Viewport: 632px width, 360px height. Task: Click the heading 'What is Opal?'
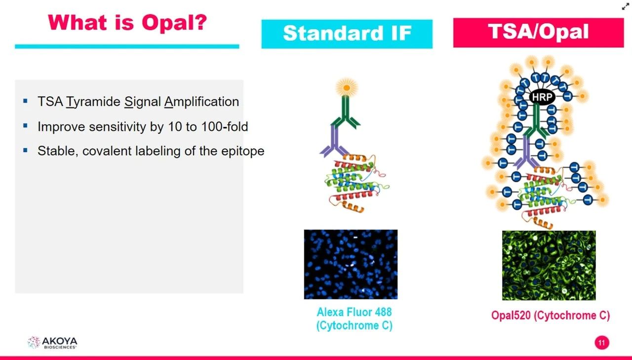tap(127, 23)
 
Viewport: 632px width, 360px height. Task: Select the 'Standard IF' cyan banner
tap(347, 34)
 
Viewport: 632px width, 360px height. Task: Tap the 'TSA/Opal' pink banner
tap(538, 32)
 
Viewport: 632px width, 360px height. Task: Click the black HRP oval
tap(542, 97)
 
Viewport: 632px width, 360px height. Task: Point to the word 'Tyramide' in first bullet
tap(93, 102)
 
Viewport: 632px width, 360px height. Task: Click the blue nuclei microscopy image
tap(351, 264)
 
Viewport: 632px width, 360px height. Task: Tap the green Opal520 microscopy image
tap(549, 265)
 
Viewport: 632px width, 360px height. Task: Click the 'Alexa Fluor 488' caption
tap(354, 312)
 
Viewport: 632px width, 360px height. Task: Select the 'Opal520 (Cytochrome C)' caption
tap(550, 315)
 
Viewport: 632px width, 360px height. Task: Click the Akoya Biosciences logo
tap(52, 342)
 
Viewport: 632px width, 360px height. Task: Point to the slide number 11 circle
tap(601, 343)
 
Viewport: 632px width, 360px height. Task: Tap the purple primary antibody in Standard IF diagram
tap(335, 143)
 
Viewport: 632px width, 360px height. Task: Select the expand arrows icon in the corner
tap(625, 6)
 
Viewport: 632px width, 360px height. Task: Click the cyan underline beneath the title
tap(127, 46)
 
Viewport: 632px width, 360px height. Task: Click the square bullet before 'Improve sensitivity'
tap(26, 126)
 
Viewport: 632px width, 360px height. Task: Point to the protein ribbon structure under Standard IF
tap(354, 183)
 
